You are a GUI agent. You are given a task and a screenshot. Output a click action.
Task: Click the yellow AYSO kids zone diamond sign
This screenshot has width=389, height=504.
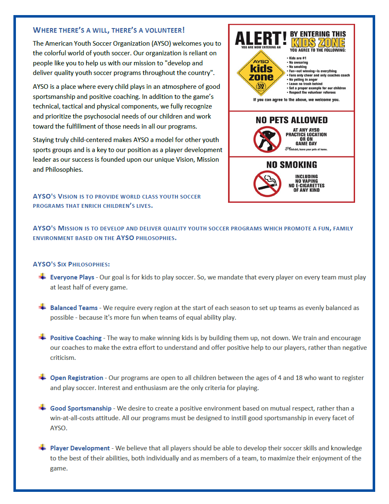point(261,73)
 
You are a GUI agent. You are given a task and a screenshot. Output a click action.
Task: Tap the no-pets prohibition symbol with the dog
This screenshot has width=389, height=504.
point(267,139)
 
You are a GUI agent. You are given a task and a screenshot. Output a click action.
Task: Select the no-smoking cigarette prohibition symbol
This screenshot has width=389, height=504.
point(267,184)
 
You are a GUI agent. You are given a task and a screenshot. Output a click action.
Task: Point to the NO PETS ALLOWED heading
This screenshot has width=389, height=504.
point(291,120)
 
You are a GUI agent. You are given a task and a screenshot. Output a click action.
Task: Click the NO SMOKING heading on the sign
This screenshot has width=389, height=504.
point(291,165)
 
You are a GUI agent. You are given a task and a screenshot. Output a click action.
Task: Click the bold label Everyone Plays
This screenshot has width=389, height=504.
point(72,277)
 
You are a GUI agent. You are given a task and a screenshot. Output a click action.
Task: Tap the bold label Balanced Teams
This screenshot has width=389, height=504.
point(74,308)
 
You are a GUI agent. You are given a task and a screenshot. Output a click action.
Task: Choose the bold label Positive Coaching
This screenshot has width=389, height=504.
point(76,338)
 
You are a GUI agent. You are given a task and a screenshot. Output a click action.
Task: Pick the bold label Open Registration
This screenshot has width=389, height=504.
point(77,378)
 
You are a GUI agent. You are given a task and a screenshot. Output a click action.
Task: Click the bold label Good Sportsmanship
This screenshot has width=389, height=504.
point(81,408)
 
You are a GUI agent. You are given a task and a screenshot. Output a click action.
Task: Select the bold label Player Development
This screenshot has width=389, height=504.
point(80,448)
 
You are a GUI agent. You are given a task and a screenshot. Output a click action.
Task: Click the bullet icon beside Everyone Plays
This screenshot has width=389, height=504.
point(42,277)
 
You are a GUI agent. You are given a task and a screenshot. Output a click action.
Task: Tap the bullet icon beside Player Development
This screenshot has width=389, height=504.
point(42,447)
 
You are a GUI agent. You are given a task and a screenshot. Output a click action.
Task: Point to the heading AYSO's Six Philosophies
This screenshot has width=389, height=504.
point(71,264)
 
